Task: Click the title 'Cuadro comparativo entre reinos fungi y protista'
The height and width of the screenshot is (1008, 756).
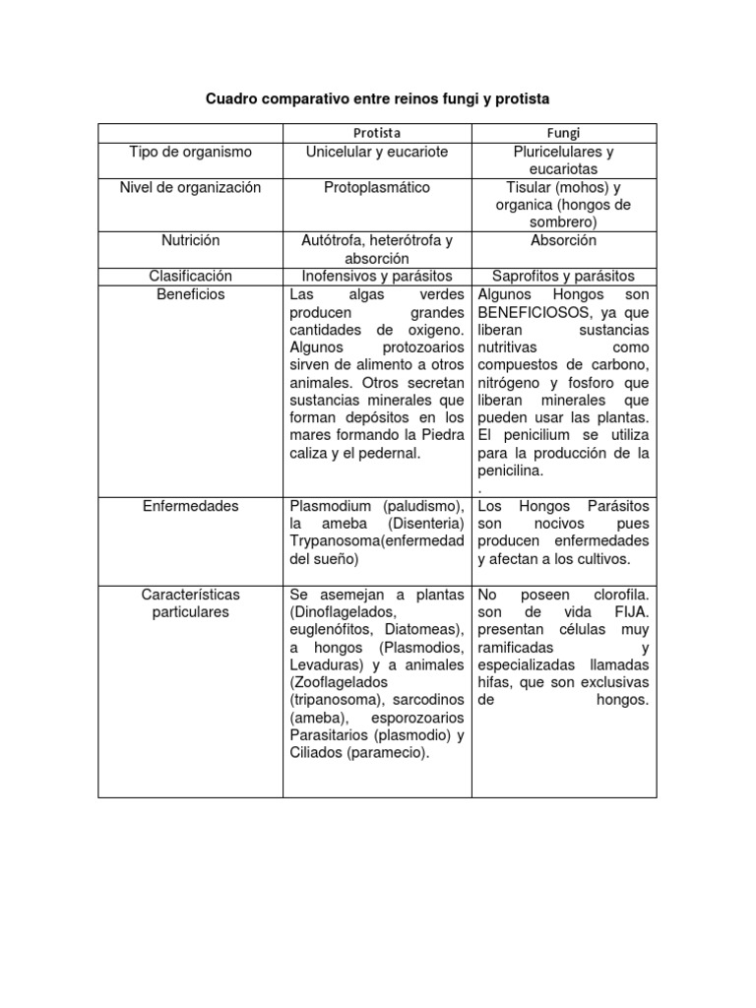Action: (377, 99)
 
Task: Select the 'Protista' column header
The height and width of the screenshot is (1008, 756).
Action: (377, 132)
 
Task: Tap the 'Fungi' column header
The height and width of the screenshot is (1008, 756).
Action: (563, 132)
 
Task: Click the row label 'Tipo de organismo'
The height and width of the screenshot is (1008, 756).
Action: (191, 152)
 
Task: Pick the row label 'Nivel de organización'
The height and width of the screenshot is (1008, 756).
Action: (191, 187)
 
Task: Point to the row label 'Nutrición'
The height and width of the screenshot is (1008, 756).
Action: (191, 240)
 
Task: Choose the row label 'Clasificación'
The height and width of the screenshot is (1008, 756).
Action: (191, 277)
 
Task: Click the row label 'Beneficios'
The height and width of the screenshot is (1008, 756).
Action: (191, 294)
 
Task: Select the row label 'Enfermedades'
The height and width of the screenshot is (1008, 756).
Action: (191, 506)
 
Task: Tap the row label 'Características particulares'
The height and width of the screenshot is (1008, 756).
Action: (191, 603)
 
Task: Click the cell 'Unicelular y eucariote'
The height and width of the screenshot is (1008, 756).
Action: (377, 152)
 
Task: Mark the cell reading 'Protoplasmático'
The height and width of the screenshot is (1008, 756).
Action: (377, 187)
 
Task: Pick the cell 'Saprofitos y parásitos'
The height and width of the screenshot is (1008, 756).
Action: (563, 277)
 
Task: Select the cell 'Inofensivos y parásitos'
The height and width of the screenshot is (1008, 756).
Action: (377, 277)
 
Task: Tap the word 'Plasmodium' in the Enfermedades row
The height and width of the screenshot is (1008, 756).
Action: (329, 506)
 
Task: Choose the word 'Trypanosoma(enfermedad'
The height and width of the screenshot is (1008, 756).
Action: (377, 541)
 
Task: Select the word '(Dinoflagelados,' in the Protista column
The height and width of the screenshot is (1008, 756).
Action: (340, 612)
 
